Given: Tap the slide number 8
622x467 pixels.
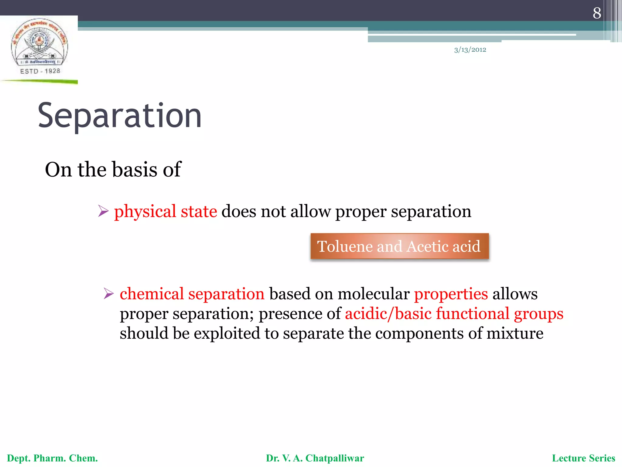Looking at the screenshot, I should point(596,13).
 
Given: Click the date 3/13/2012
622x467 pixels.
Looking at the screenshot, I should point(470,50).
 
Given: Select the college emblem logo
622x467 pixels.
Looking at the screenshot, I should point(39,43).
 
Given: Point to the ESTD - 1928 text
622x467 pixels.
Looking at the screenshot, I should point(40,71).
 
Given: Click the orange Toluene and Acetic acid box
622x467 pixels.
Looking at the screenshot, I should point(399,246).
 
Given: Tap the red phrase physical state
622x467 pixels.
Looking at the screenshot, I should point(166,211).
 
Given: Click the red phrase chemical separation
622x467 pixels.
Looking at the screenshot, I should point(192,294).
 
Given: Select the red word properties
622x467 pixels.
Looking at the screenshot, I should point(451,294).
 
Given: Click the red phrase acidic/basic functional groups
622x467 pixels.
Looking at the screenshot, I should point(454,313).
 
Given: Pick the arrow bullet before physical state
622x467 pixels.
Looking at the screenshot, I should point(103,211).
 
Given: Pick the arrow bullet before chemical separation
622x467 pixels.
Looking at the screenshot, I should point(108,294).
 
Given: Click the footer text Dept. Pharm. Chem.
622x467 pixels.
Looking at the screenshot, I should point(52,458).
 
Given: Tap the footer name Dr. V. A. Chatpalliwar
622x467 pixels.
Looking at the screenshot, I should point(315,458).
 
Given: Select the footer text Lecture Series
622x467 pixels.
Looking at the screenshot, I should point(583,458).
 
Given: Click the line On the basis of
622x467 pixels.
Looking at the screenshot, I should point(113,169).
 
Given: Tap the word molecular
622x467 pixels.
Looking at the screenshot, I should point(373,294).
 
